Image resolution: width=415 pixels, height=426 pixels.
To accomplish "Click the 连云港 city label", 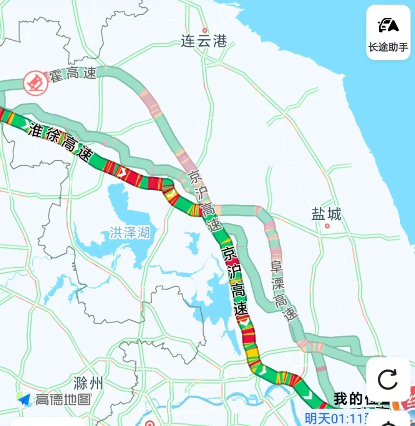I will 204,41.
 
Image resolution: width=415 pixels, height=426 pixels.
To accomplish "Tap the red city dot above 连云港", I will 204,30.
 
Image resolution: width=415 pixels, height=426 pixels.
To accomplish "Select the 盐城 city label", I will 326,215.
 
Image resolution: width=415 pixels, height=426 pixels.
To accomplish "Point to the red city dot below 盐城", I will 327,226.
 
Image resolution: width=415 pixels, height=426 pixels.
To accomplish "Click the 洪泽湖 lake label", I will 129,232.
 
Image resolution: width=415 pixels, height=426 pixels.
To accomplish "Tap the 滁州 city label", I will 88,383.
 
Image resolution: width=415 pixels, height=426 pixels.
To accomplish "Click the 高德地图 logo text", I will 63,399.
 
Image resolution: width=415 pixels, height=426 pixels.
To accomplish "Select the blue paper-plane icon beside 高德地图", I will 24,399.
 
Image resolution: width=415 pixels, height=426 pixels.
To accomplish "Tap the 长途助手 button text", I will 388,47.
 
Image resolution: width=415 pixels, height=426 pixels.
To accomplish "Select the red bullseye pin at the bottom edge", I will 150,423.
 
